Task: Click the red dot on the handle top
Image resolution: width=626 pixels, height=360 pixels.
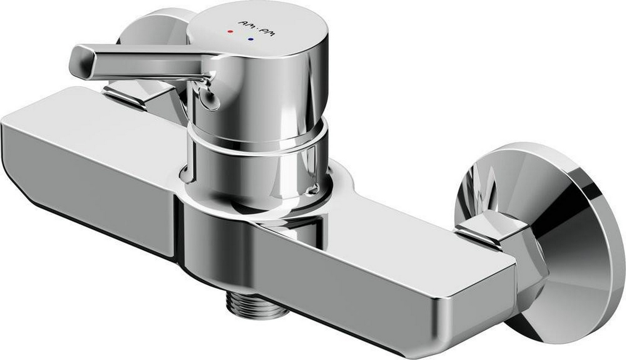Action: click(230, 31)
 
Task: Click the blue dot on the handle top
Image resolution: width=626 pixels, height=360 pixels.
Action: click(251, 40)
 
